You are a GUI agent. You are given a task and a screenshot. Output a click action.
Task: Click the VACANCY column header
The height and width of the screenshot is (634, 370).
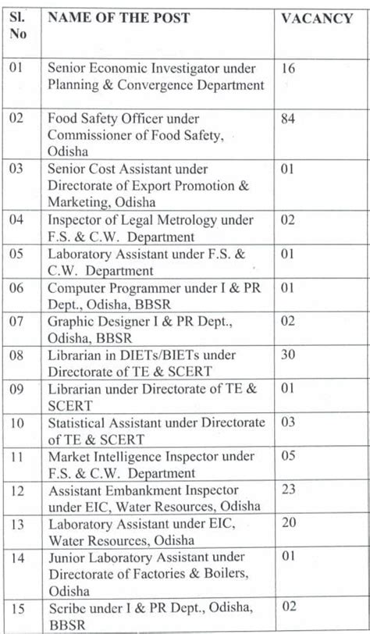click(x=316, y=18)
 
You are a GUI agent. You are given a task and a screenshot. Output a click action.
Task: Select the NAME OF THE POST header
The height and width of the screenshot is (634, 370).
click(x=119, y=18)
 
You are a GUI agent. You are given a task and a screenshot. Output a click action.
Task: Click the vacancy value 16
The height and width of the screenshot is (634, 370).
click(x=288, y=69)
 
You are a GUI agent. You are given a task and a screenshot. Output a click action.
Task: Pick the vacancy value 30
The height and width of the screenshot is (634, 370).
click(x=288, y=355)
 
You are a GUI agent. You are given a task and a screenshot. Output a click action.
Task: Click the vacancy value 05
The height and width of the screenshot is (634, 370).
click(x=288, y=455)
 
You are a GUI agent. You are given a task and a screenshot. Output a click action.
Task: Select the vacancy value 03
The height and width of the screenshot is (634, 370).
click(x=288, y=422)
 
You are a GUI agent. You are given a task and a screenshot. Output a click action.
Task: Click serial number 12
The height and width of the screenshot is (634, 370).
click(x=17, y=491)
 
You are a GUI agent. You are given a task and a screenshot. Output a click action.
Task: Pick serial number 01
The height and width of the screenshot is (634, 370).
click(x=17, y=69)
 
